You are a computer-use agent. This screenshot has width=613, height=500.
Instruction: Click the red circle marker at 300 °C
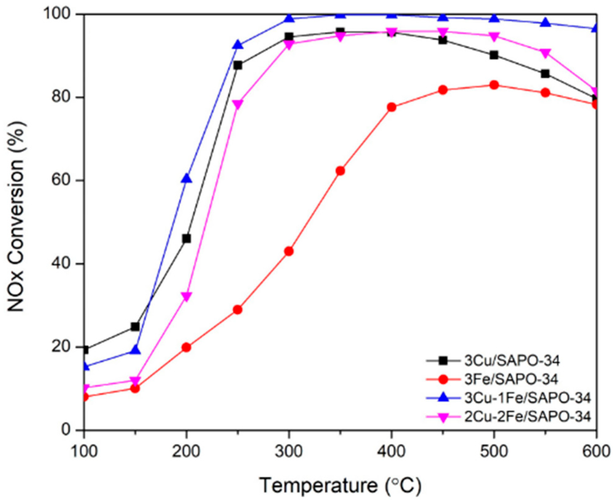(288, 252)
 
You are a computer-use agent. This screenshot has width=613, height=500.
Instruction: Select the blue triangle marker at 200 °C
(186, 179)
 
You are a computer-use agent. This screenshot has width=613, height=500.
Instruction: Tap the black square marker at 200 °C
(186, 239)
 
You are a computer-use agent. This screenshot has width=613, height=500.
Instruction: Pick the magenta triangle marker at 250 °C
(237, 104)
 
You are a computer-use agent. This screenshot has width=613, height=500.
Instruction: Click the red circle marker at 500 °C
(494, 85)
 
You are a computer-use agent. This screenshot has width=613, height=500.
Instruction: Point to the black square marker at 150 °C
(135, 327)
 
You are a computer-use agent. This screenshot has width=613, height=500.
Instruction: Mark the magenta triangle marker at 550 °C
(545, 53)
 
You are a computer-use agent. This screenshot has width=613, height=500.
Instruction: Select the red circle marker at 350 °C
(340, 171)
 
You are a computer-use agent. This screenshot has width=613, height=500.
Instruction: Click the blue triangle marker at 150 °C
(135, 350)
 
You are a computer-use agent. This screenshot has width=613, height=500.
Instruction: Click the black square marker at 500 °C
(494, 55)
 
